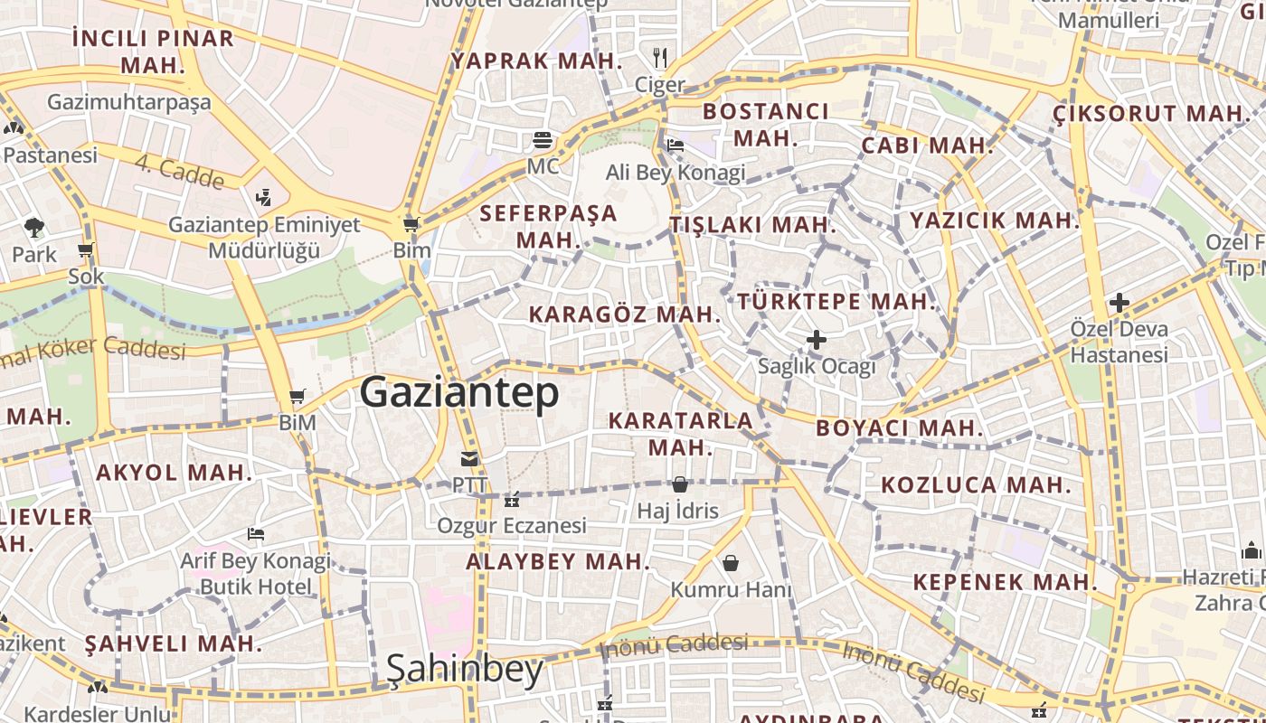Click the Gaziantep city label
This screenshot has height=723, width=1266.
tap(459, 393)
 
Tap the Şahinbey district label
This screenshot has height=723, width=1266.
tap(464, 670)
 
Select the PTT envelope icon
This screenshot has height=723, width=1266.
tap(468, 459)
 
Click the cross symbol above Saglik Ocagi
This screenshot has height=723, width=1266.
tap(817, 340)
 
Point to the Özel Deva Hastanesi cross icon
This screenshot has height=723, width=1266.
tap(1120, 303)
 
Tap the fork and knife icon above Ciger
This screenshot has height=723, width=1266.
tap(660, 58)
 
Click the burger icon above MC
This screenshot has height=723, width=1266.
tap(543, 139)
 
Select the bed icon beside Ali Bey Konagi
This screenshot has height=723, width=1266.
tap(675, 145)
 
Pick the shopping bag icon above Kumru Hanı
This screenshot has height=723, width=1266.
tap(731, 563)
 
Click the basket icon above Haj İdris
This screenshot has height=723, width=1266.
tap(679, 484)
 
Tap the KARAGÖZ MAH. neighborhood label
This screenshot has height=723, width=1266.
tap(625, 315)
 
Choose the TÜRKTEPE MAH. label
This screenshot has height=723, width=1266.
tap(836, 302)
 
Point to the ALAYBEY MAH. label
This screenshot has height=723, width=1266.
tap(558, 561)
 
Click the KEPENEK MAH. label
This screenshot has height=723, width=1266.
tap(1005, 582)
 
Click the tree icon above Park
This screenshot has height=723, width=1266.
tap(34, 228)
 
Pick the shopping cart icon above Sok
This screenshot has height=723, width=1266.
tap(86, 250)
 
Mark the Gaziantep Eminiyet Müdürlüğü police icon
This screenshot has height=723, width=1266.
tap(263, 196)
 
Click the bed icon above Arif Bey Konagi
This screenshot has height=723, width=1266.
tap(256, 534)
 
